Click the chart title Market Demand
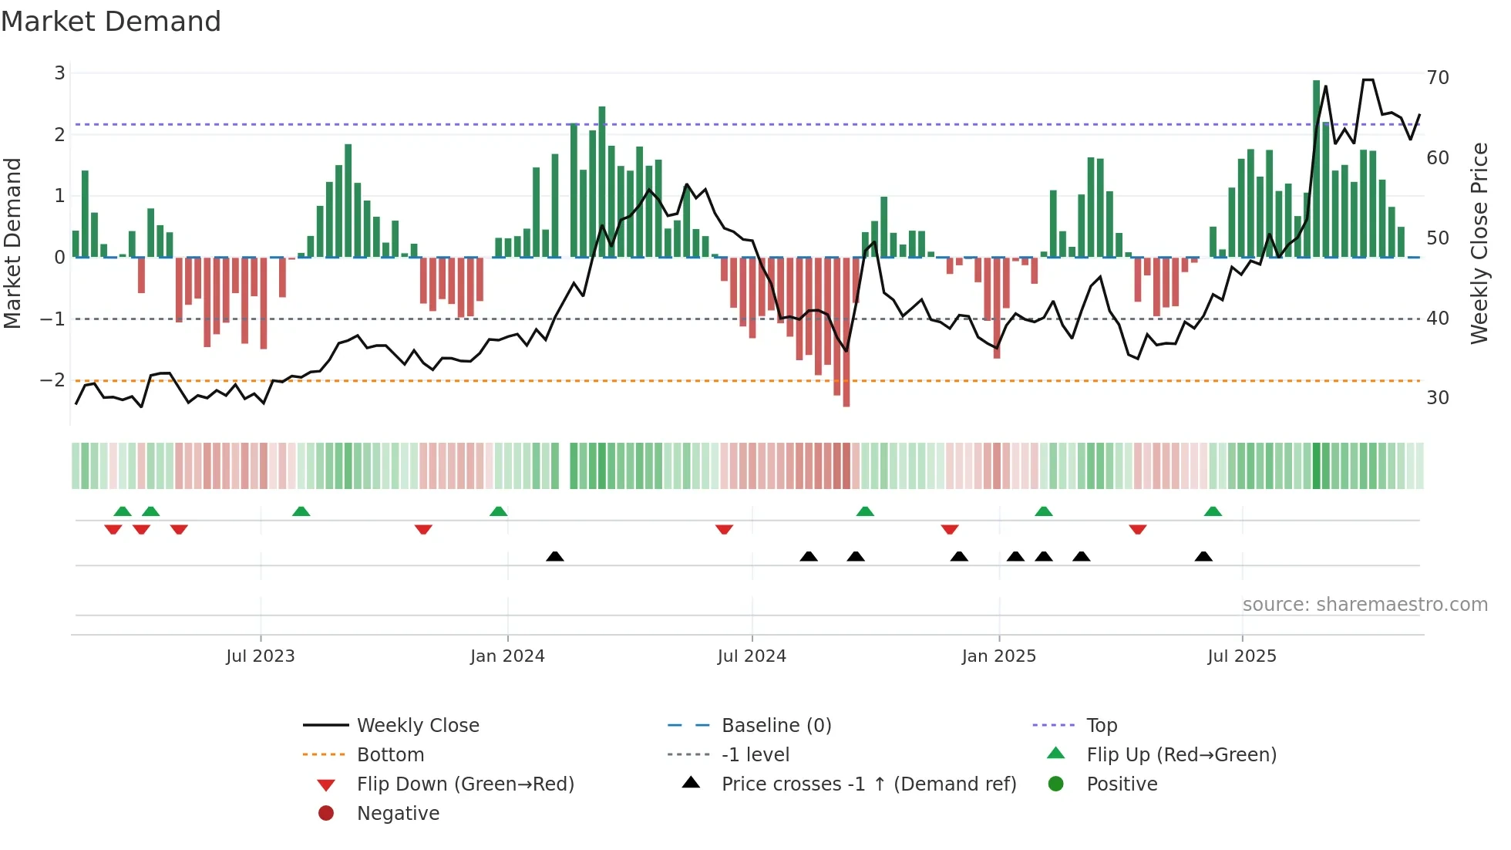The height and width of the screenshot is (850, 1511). [111, 22]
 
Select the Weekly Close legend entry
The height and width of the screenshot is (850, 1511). [417, 725]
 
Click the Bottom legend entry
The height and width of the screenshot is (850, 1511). [390, 754]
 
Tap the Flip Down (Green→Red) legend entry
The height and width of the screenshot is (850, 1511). [465, 784]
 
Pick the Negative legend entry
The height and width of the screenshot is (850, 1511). [398, 813]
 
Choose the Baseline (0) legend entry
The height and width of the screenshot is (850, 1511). [776, 725]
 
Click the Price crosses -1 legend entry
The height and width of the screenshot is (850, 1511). [868, 784]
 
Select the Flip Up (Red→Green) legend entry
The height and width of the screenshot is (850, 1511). [1181, 754]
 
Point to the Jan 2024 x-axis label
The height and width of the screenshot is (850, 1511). [507, 656]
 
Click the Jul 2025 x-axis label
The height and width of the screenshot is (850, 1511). [1242, 656]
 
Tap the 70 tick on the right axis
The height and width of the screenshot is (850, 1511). [1437, 78]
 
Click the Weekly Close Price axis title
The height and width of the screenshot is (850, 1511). [1479, 243]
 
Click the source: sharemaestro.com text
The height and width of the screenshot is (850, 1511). [1365, 605]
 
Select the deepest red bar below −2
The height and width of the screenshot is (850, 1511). [846, 332]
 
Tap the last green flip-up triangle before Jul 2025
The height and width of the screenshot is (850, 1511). [1213, 511]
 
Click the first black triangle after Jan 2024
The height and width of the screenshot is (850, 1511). [555, 556]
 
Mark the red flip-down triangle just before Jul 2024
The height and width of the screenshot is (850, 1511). [724, 530]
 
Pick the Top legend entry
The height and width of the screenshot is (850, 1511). [1101, 725]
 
